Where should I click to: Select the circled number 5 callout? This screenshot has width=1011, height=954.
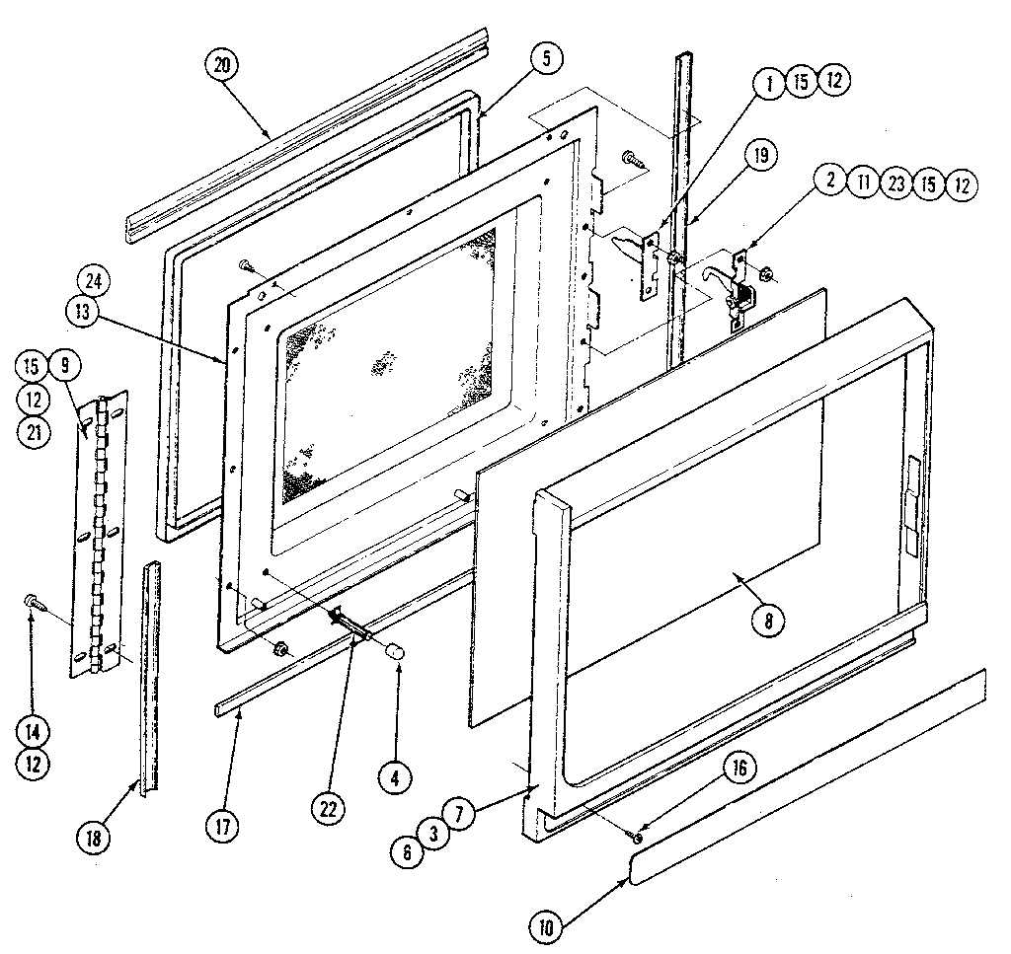tap(544, 58)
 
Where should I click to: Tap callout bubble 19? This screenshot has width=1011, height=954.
tap(761, 156)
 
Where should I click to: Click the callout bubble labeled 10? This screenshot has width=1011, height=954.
tap(546, 926)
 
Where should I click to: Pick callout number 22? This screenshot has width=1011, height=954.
tap(330, 807)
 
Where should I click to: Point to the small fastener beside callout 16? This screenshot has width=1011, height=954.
tap(638, 838)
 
